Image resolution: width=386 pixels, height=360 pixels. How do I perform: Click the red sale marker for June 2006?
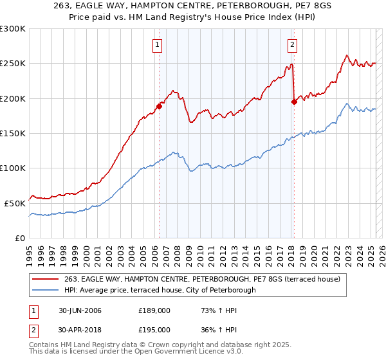[x=159, y=106]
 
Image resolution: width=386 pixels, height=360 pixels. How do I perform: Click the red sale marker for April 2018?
[x=294, y=101]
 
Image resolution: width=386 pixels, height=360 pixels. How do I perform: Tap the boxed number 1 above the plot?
[x=158, y=44]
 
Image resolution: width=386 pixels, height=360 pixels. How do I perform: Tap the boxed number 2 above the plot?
[x=293, y=44]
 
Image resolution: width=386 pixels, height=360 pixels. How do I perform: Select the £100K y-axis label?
[x=14, y=168]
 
